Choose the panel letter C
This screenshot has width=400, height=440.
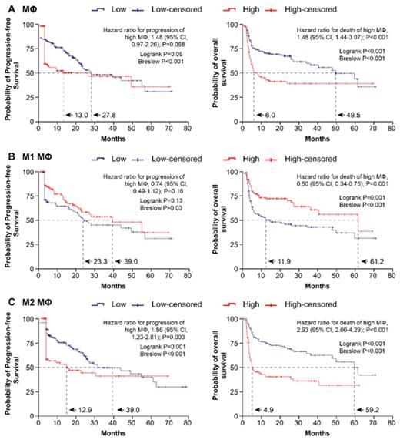[7, 300]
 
